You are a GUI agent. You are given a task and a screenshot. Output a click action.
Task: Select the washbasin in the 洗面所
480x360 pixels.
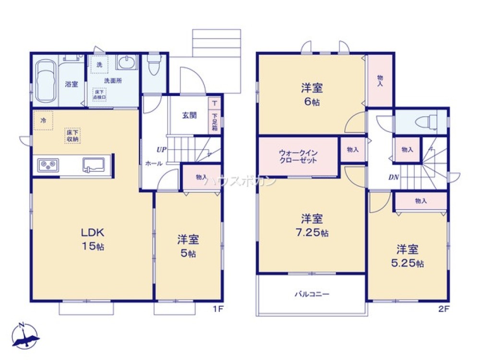click(126, 63)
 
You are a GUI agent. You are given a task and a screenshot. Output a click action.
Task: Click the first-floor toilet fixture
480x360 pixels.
click(154, 66)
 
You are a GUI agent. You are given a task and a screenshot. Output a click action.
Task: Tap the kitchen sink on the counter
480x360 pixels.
click(94, 165)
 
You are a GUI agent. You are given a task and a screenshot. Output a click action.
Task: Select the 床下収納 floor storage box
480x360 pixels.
click(73, 136)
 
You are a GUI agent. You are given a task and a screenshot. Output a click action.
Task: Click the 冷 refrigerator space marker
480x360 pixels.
click(43, 121)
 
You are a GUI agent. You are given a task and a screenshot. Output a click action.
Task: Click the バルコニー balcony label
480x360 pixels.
click(312, 294)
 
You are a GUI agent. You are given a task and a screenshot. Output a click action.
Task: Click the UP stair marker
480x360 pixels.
click(161, 150)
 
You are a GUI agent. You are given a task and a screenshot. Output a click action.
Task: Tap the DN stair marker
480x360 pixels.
click(393, 177)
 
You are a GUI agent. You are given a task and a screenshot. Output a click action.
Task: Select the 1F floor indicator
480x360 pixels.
click(218, 309)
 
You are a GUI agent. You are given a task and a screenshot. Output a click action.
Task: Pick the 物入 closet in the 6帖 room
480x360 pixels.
click(380, 81)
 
